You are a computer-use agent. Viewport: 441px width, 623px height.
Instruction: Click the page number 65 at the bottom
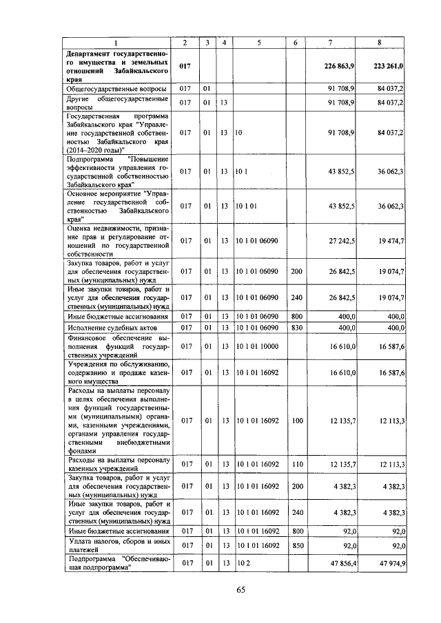pyautogui.click(x=240, y=589)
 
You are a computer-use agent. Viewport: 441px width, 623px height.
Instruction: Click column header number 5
pyautogui.click(x=259, y=43)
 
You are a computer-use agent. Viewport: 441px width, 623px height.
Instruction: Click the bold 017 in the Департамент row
pyautogui.click(x=185, y=67)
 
